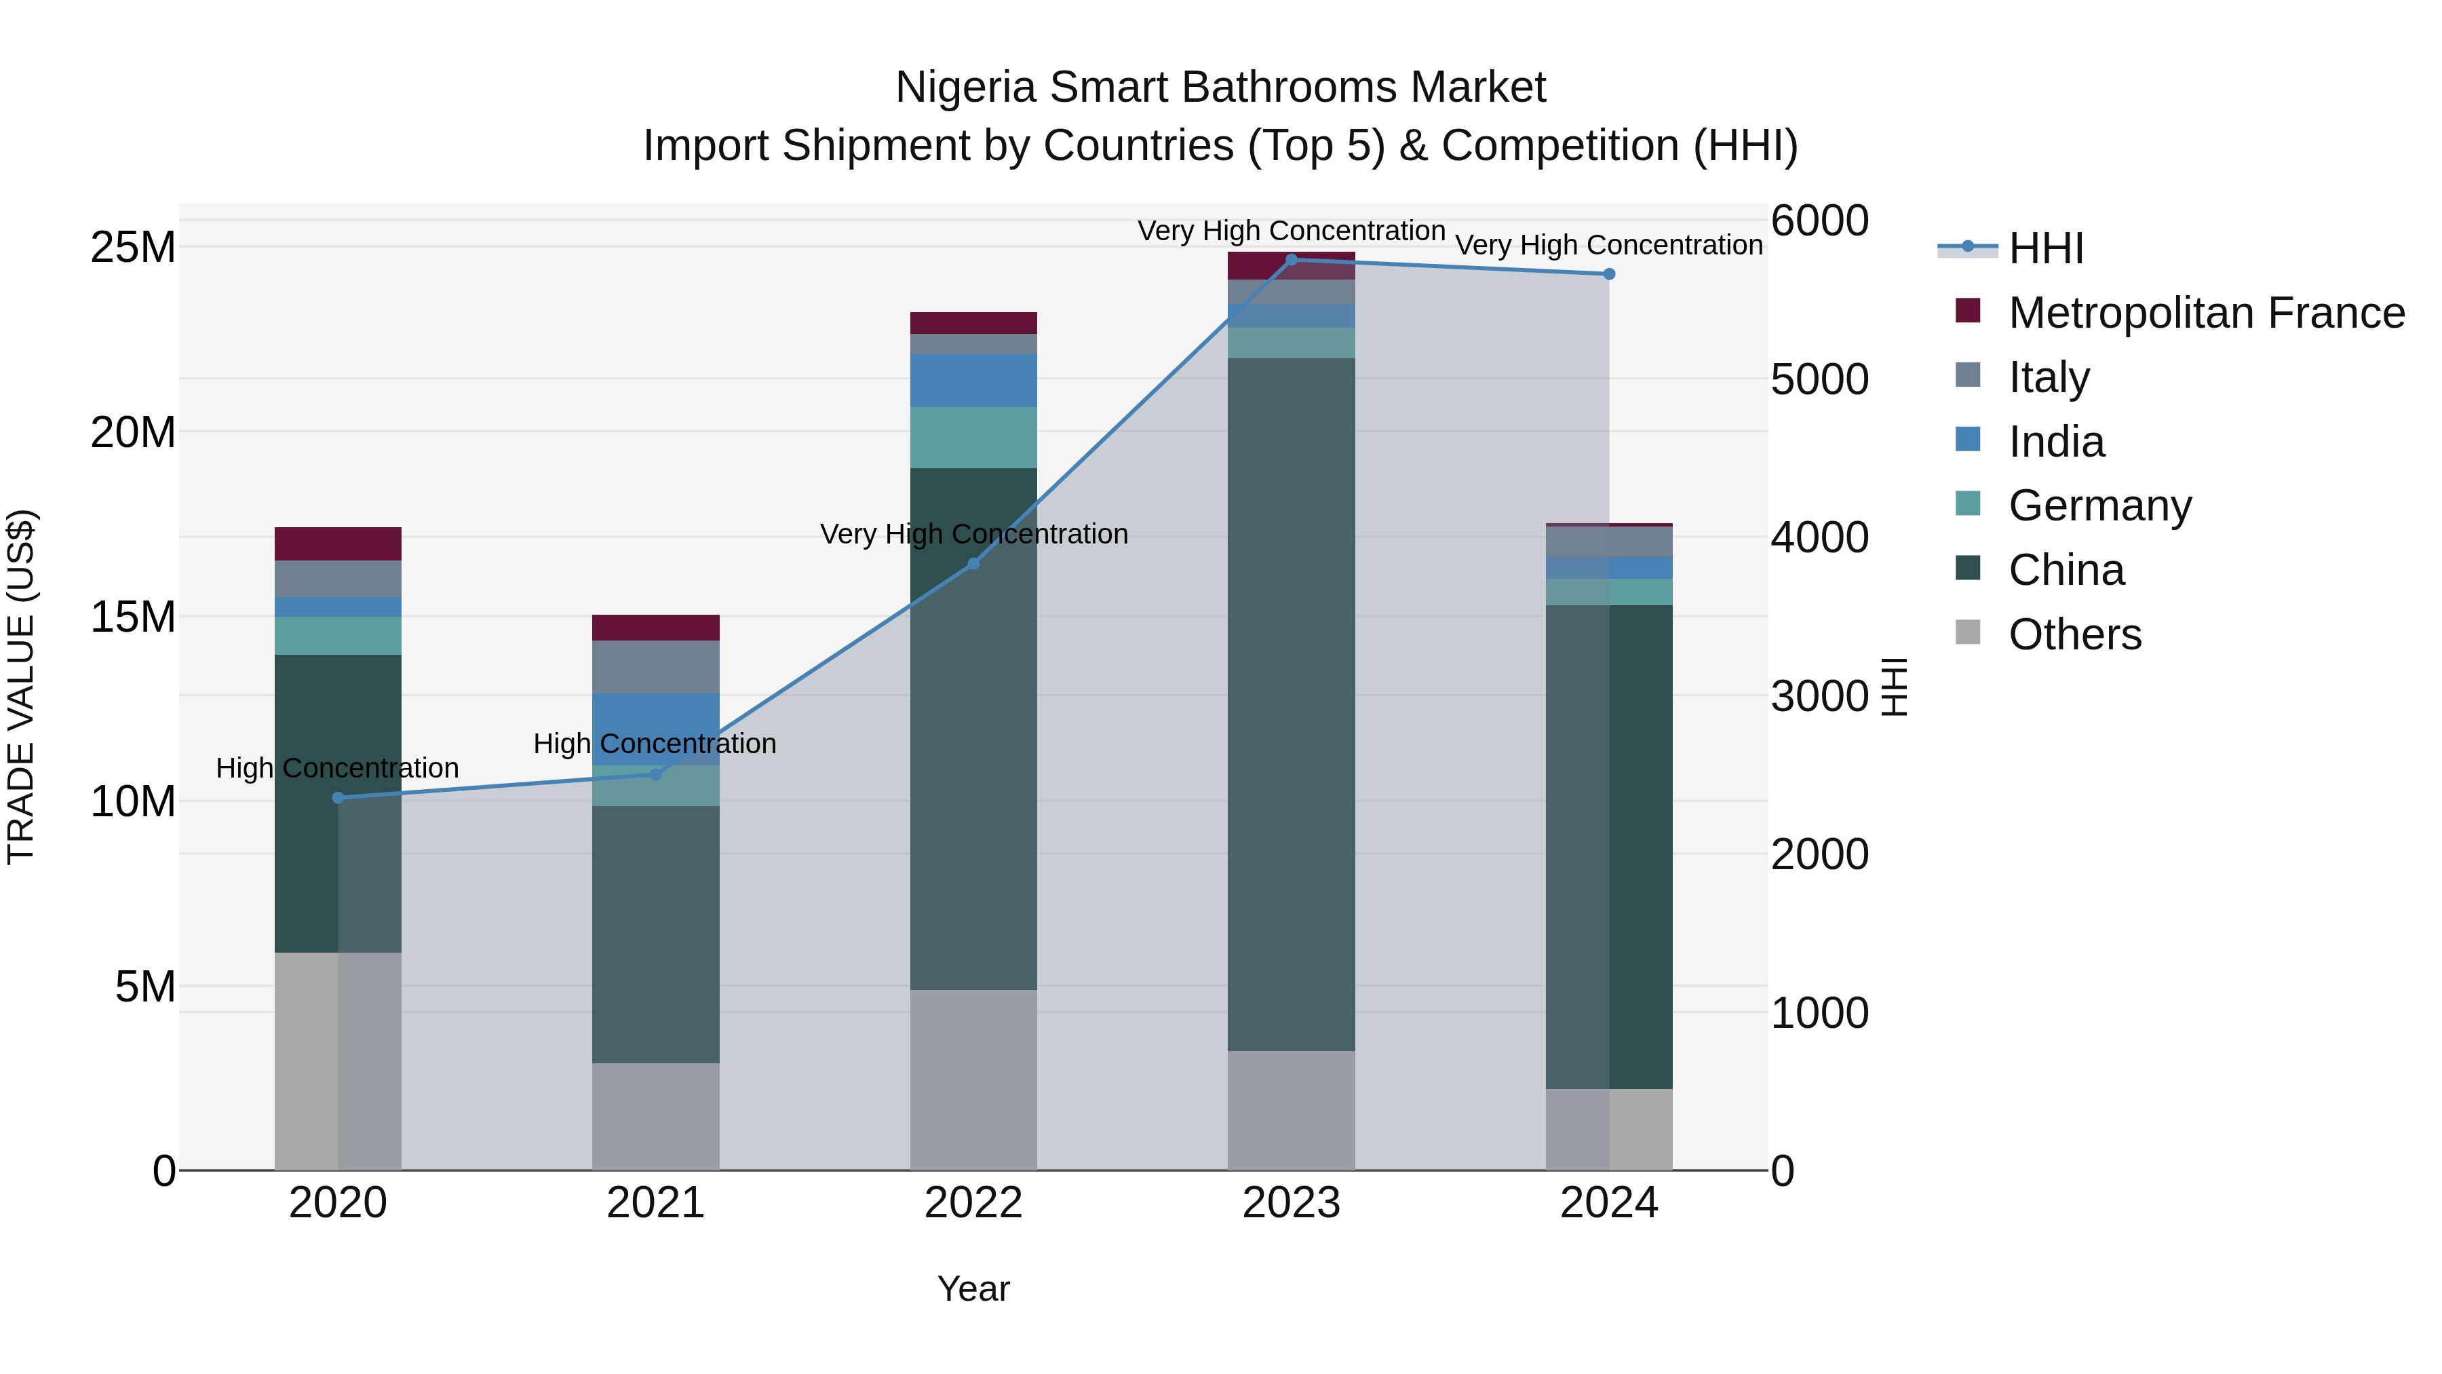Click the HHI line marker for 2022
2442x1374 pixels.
973,563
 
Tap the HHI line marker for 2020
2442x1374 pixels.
338,797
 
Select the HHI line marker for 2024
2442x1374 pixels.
1609,274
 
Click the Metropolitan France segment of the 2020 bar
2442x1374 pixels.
338,543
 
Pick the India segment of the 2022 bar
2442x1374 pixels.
973,380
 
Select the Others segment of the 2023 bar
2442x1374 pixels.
1291,1109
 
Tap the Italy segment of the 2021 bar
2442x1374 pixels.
655,666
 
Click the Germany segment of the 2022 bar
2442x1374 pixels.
973,437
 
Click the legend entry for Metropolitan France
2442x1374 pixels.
2206,313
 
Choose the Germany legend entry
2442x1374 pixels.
2099,505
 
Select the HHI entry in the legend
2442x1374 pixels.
2046,248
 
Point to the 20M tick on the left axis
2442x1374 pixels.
133,432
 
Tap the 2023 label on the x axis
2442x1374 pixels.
1291,1203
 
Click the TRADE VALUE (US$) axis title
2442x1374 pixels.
21,687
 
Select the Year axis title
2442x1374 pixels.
973,1289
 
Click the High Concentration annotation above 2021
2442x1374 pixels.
655,744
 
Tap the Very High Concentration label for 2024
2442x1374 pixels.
1609,245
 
